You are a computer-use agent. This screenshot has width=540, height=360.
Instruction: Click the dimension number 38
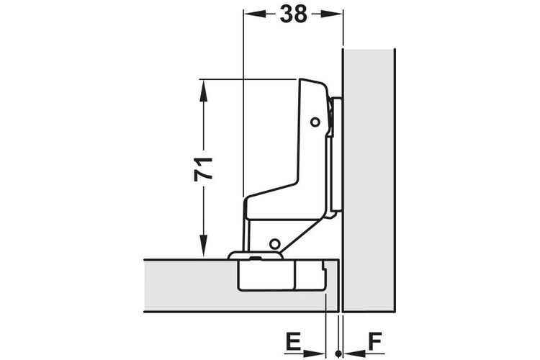(293, 14)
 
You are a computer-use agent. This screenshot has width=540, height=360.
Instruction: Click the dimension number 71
(203, 168)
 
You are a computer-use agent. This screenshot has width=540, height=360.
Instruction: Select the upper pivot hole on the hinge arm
(315, 122)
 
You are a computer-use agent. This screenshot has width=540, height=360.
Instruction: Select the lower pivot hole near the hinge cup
(274, 244)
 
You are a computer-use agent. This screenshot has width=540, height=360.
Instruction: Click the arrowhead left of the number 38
(255, 14)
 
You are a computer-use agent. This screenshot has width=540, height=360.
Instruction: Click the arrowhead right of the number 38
(332, 14)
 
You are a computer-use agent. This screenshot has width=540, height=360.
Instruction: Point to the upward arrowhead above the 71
(203, 91)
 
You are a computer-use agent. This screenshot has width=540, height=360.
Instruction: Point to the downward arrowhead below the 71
(204, 246)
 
